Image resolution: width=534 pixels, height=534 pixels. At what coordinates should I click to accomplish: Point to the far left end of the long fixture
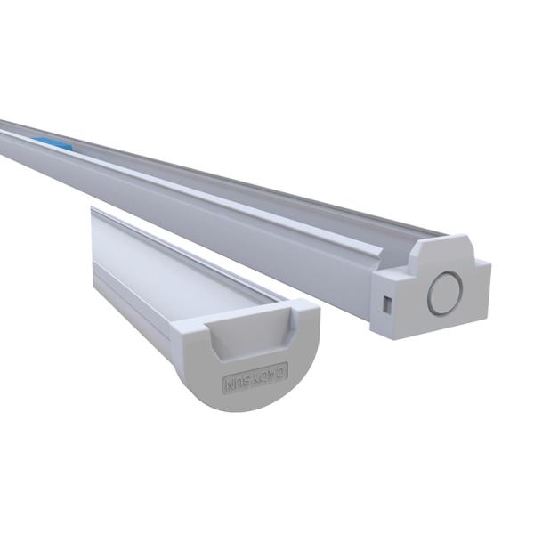click(4, 129)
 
